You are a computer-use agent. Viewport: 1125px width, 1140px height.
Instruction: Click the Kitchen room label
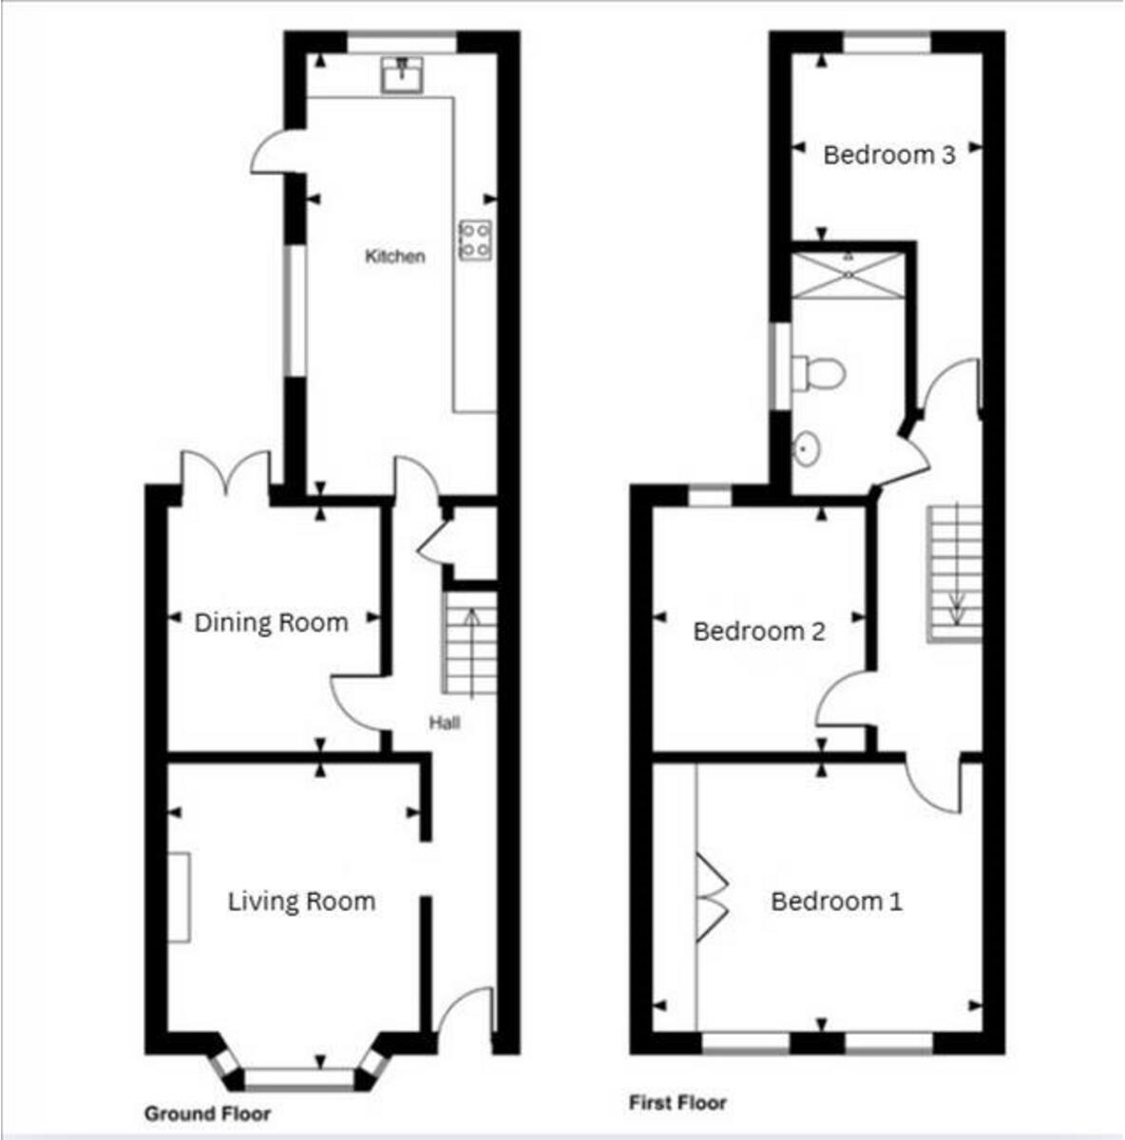(395, 256)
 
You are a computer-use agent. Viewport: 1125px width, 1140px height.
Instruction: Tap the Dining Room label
(271, 623)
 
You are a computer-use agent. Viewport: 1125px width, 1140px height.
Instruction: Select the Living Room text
(301, 902)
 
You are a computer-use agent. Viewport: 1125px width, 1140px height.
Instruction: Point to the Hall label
(444, 724)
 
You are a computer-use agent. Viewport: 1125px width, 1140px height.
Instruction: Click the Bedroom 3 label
(888, 155)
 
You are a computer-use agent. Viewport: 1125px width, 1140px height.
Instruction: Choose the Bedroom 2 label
(759, 632)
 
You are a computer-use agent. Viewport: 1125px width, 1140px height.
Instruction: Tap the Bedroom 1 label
(836, 902)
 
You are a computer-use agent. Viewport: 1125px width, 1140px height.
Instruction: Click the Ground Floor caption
(207, 1113)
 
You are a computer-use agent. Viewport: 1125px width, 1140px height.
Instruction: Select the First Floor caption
(677, 1103)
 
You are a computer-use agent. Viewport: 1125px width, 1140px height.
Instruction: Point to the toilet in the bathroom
(817, 372)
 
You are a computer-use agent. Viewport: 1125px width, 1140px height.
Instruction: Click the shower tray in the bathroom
(846, 275)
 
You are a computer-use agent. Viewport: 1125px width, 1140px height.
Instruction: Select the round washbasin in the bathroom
(806, 447)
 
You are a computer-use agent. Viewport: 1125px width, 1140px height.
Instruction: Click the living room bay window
(300, 1077)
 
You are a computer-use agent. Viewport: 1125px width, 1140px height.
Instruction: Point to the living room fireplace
(179, 897)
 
